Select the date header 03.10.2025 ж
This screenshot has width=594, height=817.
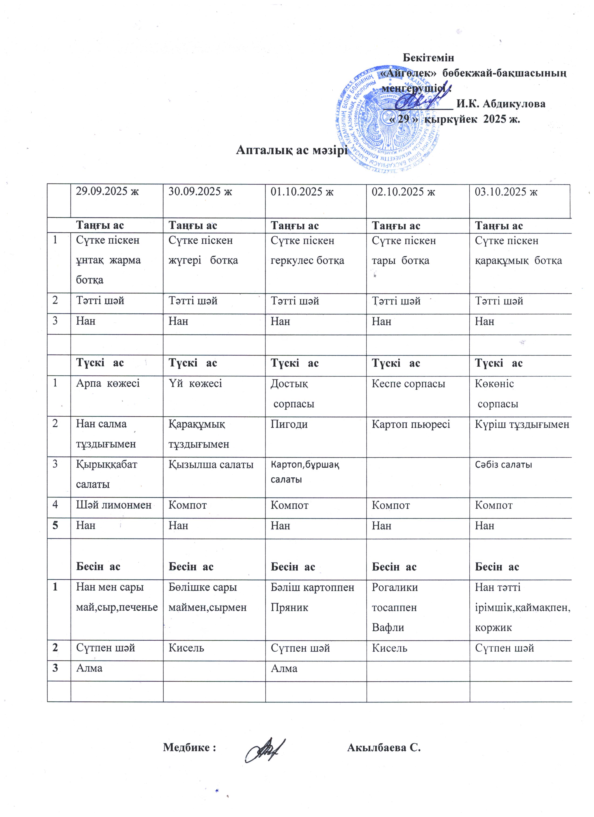pyautogui.click(x=506, y=192)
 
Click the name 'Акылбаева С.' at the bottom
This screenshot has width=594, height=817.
pyautogui.click(x=384, y=747)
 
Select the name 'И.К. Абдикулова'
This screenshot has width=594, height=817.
pyautogui.click(x=501, y=104)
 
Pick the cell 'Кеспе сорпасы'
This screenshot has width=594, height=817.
pyautogui.click(x=408, y=384)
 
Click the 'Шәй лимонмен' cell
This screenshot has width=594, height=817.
pyautogui.click(x=113, y=505)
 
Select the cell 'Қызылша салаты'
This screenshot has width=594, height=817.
pyautogui.click(x=211, y=465)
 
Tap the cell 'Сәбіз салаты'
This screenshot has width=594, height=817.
pyautogui.click(x=503, y=464)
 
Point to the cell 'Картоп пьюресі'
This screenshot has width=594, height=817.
pyautogui.click(x=411, y=424)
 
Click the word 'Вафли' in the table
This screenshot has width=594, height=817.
pyautogui.click(x=388, y=627)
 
